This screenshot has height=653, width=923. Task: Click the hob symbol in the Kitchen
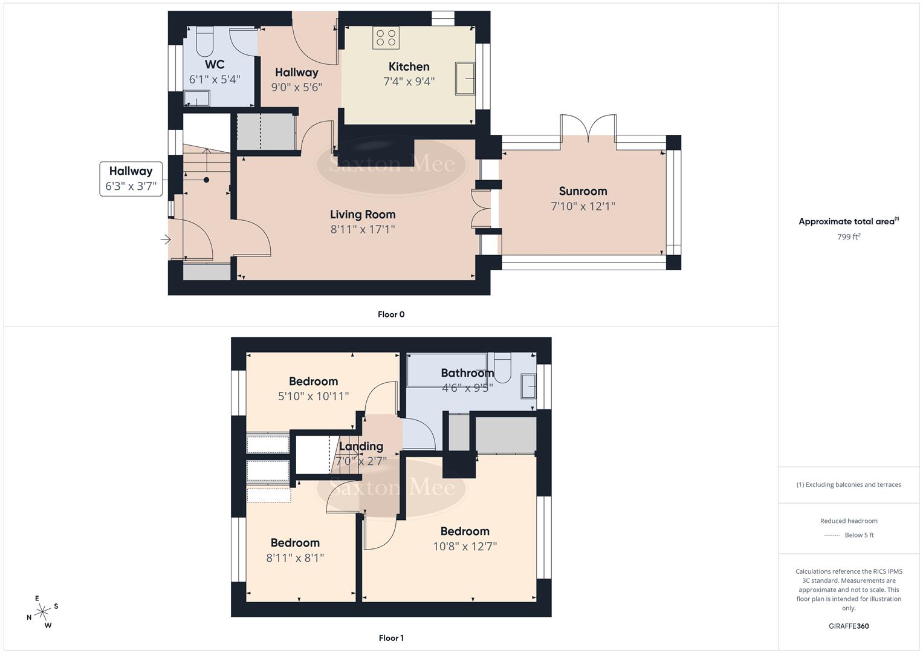click(x=386, y=38)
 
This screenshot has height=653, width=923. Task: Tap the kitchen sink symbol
click(x=465, y=78)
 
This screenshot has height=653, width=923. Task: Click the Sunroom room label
click(x=583, y=191)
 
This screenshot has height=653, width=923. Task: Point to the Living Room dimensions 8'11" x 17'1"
click(x=363, y=229)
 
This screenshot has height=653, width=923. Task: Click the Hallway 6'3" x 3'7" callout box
click(x=131, y=178)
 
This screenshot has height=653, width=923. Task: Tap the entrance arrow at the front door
click(x=165, y=240)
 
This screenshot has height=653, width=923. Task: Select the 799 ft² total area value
click(x=848, y=237)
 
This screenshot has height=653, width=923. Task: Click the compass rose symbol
click(x=42, y=612)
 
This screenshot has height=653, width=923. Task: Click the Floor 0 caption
click(x=391, y=314)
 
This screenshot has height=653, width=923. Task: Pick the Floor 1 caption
click(x=391, y=638)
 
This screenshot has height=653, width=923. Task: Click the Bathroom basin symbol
click(x=528, y=386)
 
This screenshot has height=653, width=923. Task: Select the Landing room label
click(x=361, y=446)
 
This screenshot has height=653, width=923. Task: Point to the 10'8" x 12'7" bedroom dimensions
click(x=464, y=547)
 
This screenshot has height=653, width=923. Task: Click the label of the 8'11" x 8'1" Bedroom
click(x=295, y=543)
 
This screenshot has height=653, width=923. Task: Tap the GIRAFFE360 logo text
click(x=848, y=626)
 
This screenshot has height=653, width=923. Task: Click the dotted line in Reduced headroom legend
click(x=832, y=535)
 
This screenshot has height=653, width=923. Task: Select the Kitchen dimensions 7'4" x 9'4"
click(x=409, y=82)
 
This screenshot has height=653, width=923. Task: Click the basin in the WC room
click(x=196, y=99)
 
